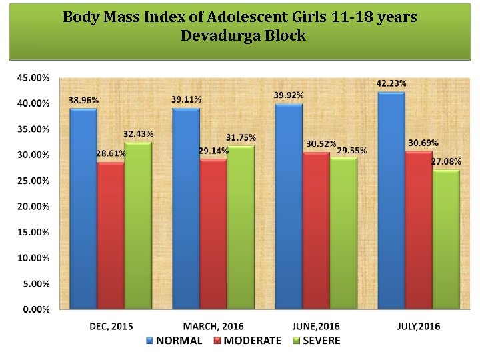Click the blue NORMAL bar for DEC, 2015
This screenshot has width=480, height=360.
(83, 209)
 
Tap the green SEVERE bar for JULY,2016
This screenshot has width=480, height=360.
(446, 239)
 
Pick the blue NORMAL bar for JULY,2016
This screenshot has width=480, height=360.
(391, 201)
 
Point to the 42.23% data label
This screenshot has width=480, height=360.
(391, 83)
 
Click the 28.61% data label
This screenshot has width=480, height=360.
(111, 153)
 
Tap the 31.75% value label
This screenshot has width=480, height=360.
(241, 137)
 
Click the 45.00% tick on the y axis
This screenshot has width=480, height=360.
(32, 77)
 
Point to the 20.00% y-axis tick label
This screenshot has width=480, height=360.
(32, 207)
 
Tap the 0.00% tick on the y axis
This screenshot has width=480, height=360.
(34, 309)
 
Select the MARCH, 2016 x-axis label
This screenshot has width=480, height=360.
(213, 326)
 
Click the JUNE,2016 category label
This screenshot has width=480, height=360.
(316, 326)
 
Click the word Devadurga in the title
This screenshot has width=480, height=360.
(220, 36)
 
